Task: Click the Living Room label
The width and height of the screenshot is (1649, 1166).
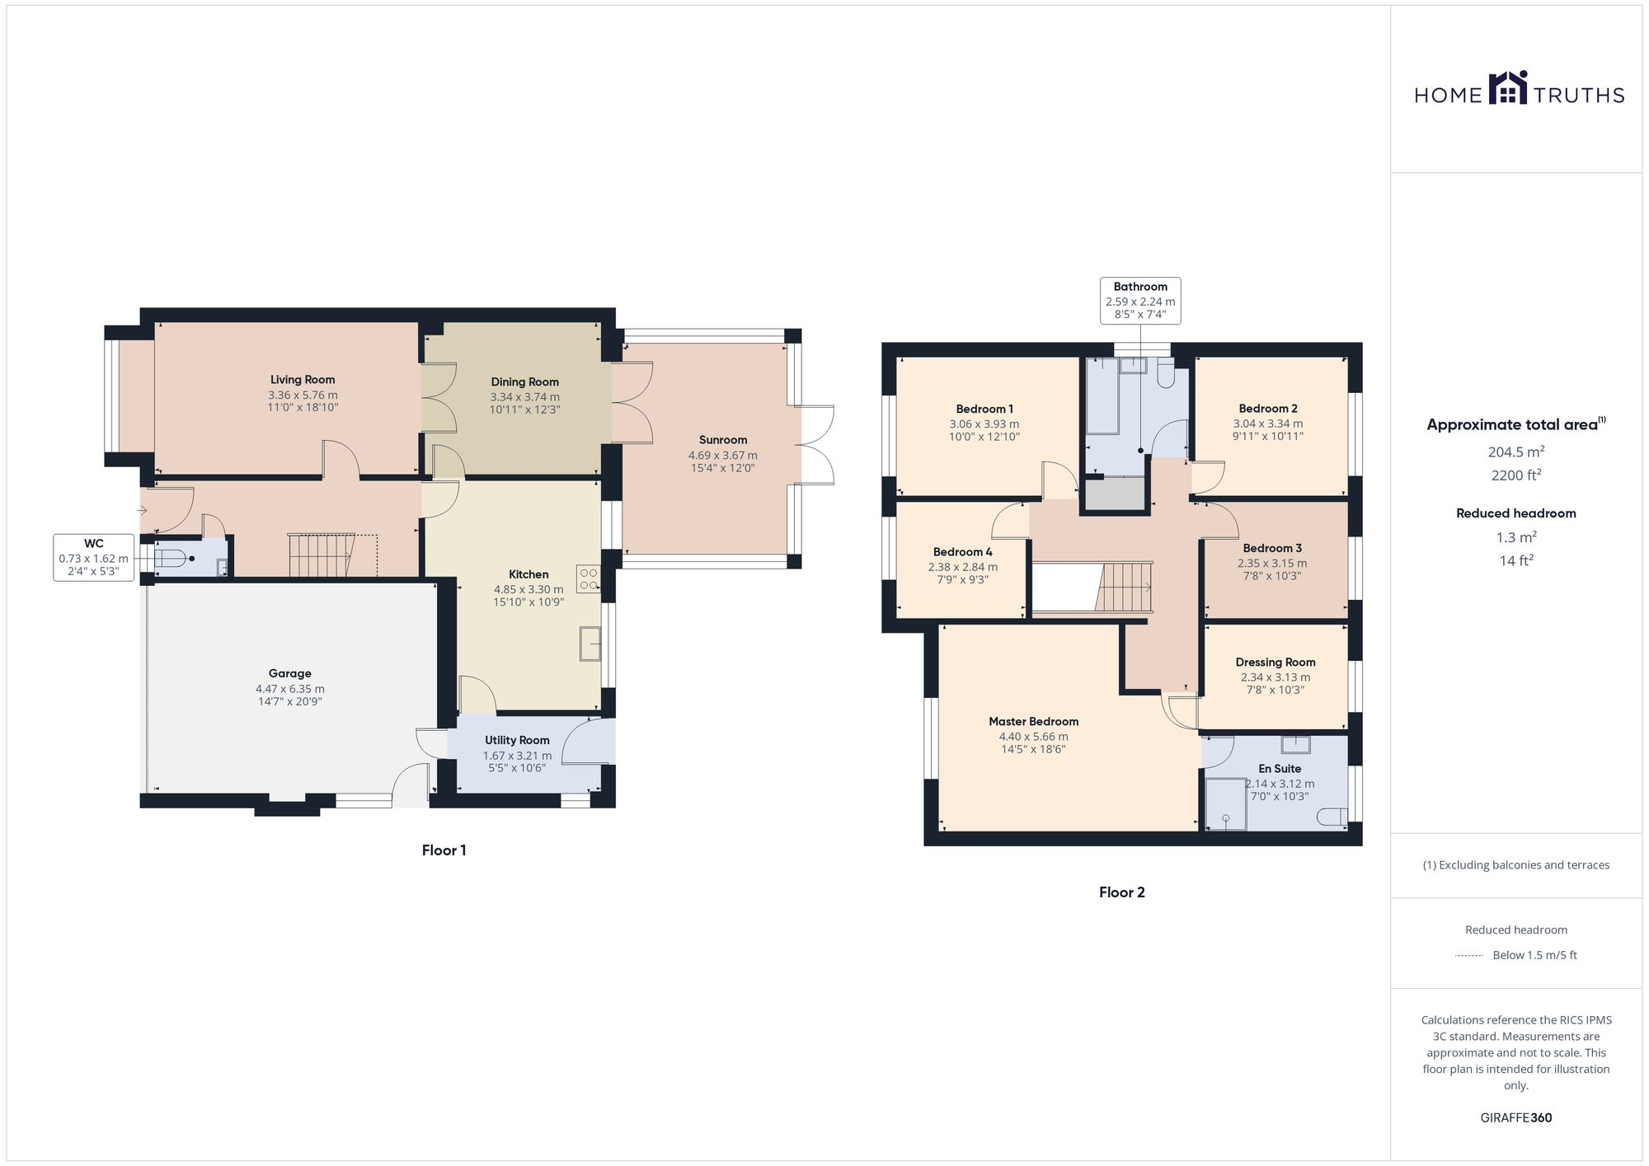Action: [x=303, y=380]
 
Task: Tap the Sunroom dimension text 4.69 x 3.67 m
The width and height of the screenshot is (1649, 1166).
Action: [x=722, y=455]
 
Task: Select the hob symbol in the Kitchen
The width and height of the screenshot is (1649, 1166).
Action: [x=589, y=578]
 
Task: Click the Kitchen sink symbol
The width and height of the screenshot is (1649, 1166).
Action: [x=590, y=644]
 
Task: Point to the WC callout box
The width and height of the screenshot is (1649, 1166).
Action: [x=93, y=558]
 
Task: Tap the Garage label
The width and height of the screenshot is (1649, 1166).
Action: [x=289, y=673]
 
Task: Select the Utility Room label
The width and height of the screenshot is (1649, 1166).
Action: [x=517, y=740]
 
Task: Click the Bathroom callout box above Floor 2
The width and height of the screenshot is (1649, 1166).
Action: [x=1140, y=300]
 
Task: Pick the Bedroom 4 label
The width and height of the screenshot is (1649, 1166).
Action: [x=962, y=552]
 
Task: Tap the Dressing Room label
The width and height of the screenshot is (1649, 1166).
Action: [x=1275, y=662]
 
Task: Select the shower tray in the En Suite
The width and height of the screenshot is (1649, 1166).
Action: [x=1225, y=803]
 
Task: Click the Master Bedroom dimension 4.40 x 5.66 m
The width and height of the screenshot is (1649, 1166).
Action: [x=1033, y=737]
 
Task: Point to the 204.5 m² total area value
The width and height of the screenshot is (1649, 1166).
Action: [x=1515, y=452]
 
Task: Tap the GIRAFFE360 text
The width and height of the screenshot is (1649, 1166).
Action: [x=1515, y=1117]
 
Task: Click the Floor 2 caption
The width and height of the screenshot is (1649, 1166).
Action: [x=1121, y=892]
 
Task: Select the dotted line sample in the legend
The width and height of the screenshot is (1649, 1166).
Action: [x=1469, y=956]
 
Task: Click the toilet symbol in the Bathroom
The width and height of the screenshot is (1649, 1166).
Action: [x=1165, y=376]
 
